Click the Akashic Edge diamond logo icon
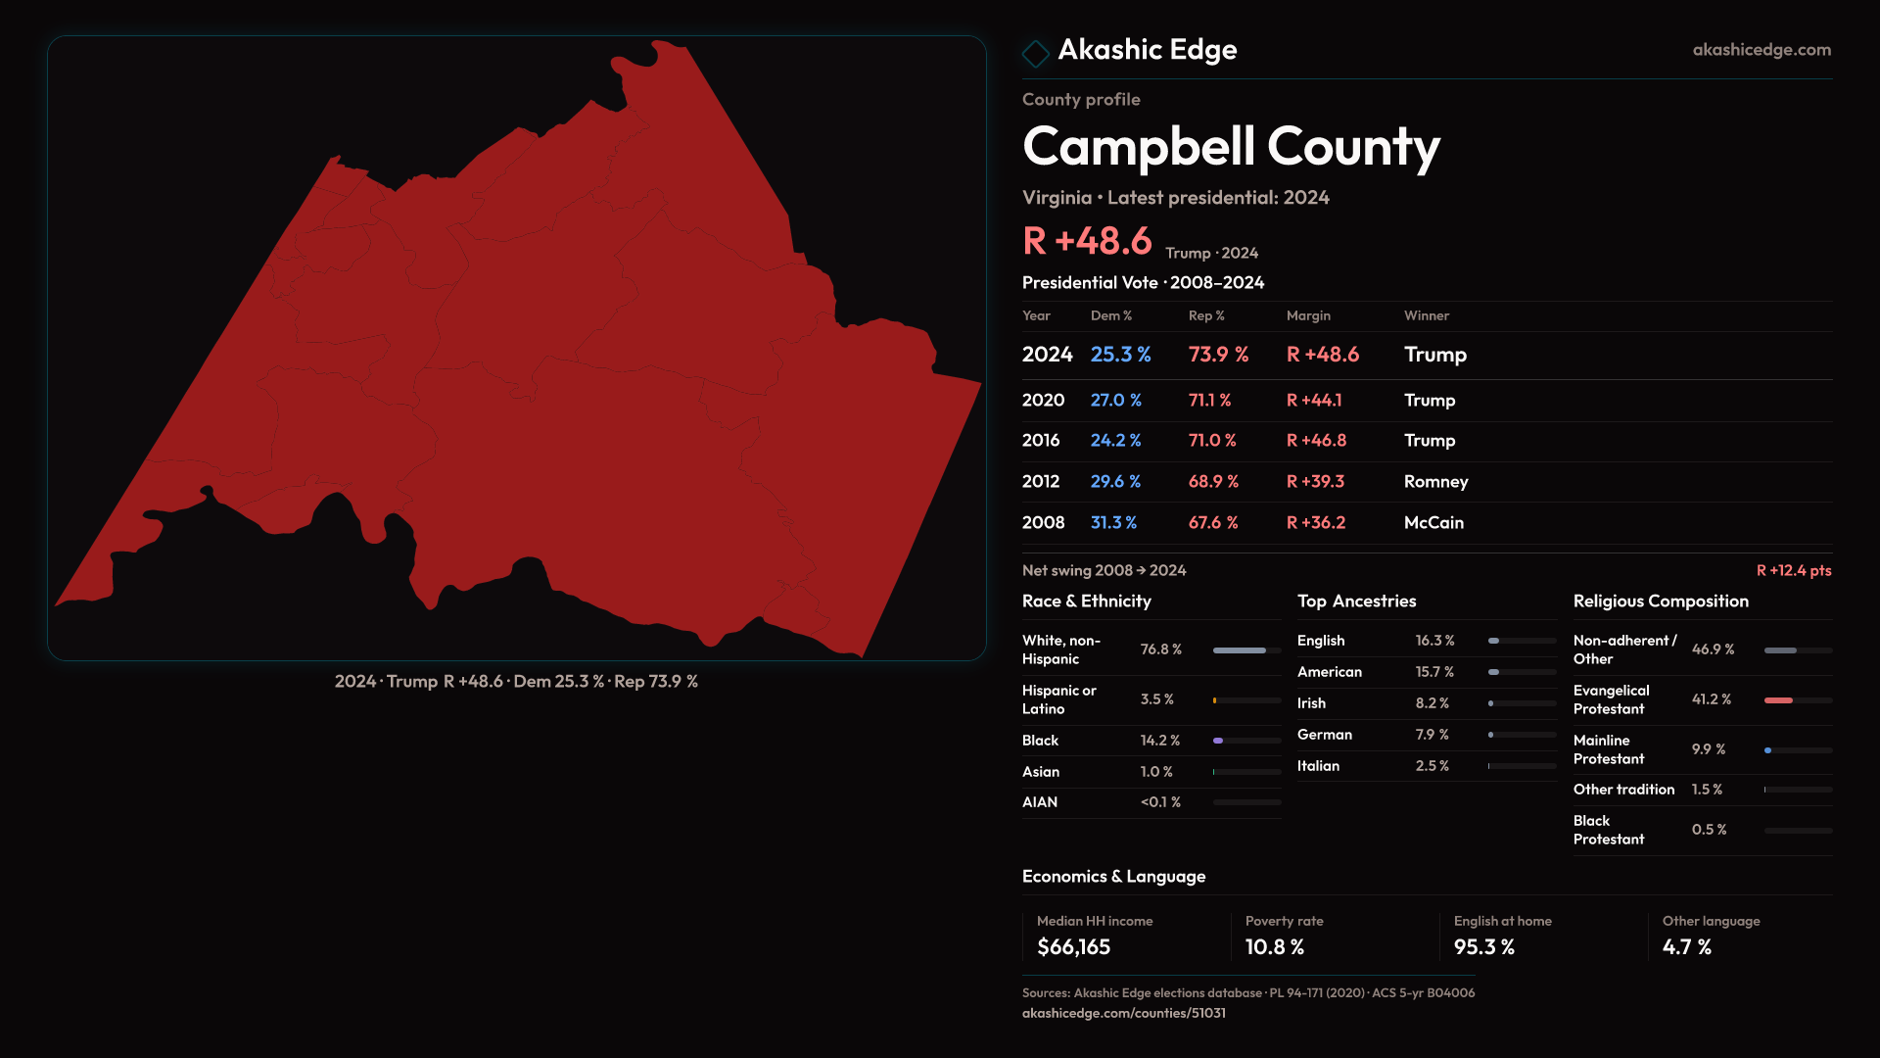(1035, 53)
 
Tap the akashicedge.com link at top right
(1762, 50)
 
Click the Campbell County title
(1231, 147)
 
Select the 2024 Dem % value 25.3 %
(1120, 355)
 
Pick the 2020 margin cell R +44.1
(1314, 401)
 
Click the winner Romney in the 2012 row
(1435, 482)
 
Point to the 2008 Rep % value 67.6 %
(1213, 523)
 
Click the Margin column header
(1308, 315)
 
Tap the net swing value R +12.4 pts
(1793, 570)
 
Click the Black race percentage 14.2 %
(1160, 741)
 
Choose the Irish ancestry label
(1311, 703)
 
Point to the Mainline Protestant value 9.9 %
(1709, 749)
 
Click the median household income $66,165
(1073, 947)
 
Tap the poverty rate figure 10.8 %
(1274, 947)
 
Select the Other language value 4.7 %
(1686, 947)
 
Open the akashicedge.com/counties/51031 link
(1123, 1013)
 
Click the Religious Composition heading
(1661, 601)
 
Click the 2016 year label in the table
(1040, 441)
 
